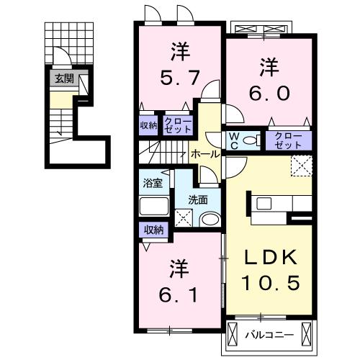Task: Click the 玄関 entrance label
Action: [64, 78]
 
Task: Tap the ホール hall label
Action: [205, 154]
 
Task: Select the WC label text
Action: [234, 141]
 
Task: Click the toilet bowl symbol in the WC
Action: [251, 140]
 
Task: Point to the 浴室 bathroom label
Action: [153, 183]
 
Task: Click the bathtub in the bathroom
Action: [154, 206]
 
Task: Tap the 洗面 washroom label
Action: [198, 200]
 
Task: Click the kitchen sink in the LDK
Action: [264, 204]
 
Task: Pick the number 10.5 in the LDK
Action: [271, 283]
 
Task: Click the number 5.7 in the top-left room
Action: [180, 78]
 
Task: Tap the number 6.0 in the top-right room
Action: [269, 93]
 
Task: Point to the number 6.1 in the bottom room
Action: [178, 294]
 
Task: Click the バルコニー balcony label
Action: [269, 335]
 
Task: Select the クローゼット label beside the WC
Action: [288, 141]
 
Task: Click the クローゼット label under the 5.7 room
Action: [178, 125]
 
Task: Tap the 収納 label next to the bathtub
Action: [154, 230]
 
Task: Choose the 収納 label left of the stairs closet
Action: [148, 125]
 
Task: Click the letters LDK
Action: [271, 257]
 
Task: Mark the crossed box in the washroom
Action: [184, 218]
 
